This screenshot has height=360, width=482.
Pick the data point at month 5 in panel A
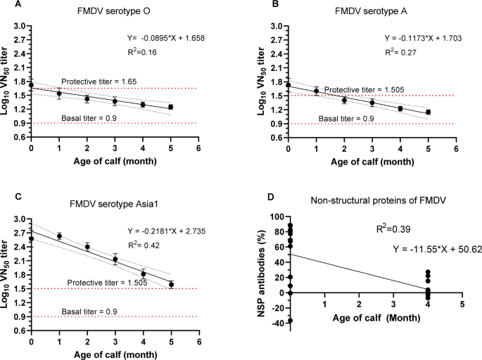pyautogui.click(x=170, y=107)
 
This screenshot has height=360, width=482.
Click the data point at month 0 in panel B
pyautogui.click(x=288, y=85)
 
